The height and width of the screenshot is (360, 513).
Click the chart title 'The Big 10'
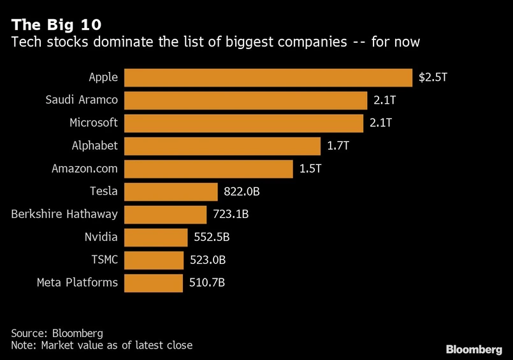[55, 25]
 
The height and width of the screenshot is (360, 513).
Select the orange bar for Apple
[268, 78]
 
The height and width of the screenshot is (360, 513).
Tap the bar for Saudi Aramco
[245, 101]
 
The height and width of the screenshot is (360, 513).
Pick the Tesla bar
[171, 192]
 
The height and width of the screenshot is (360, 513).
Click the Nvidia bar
[156, 237]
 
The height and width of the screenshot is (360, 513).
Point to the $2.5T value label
[433, 78]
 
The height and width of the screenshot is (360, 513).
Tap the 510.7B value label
[207, 283]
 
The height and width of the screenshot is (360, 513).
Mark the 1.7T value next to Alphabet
[338, 146]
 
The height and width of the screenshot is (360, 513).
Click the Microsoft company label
[94, 123]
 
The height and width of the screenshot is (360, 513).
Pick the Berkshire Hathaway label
[64, 214]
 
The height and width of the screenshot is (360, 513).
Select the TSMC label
[105, 260]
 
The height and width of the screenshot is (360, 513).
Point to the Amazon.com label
[85, 169]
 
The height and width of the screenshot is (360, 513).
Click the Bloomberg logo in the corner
[474, 349]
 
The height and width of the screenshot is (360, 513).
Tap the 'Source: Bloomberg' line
[57, 333]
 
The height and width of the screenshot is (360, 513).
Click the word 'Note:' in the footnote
[25, 345]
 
